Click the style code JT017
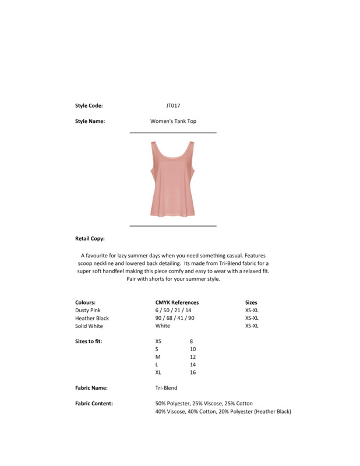(173, 106)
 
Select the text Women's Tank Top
(173, 122)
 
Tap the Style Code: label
(89, 106)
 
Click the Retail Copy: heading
(90, 239)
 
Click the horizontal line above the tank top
(172, 133)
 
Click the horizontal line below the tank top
(172, 225)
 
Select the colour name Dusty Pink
(88, 310)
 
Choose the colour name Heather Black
(92, 319)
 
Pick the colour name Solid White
(89, 326)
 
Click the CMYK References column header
(177, 303)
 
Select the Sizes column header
(251, 303)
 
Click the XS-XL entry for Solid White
(252, 326)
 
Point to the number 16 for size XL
(193, 372)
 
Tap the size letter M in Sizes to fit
(158, 356)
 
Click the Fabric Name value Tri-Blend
(166, 388)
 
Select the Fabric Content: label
(94, 403)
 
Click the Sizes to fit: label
(89, 341)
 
